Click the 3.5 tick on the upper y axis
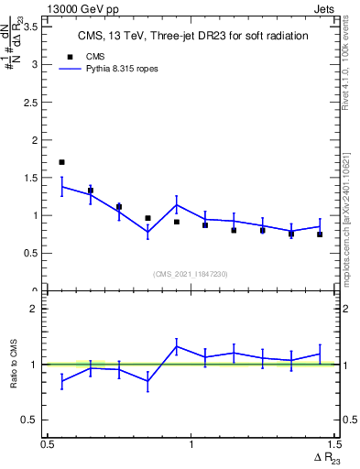pyautogui.click(x=36, y=27)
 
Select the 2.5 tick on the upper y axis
pyautogui.click(x=36, y=103)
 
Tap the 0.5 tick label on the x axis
pyautogui.click(x=48, y=444)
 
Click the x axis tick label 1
pyautogui.click(x=191, y=444)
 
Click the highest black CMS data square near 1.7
pyautogui.click(x=61, y=162)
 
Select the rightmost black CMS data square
pyautogui.click(x=320, y=234)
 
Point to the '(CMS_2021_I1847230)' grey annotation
pyautogui.click(x=191, y=274)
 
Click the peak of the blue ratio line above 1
pyautogui.click(x=176, y=346)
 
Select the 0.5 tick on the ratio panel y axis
pyautogui.click(x=36, y=420)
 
